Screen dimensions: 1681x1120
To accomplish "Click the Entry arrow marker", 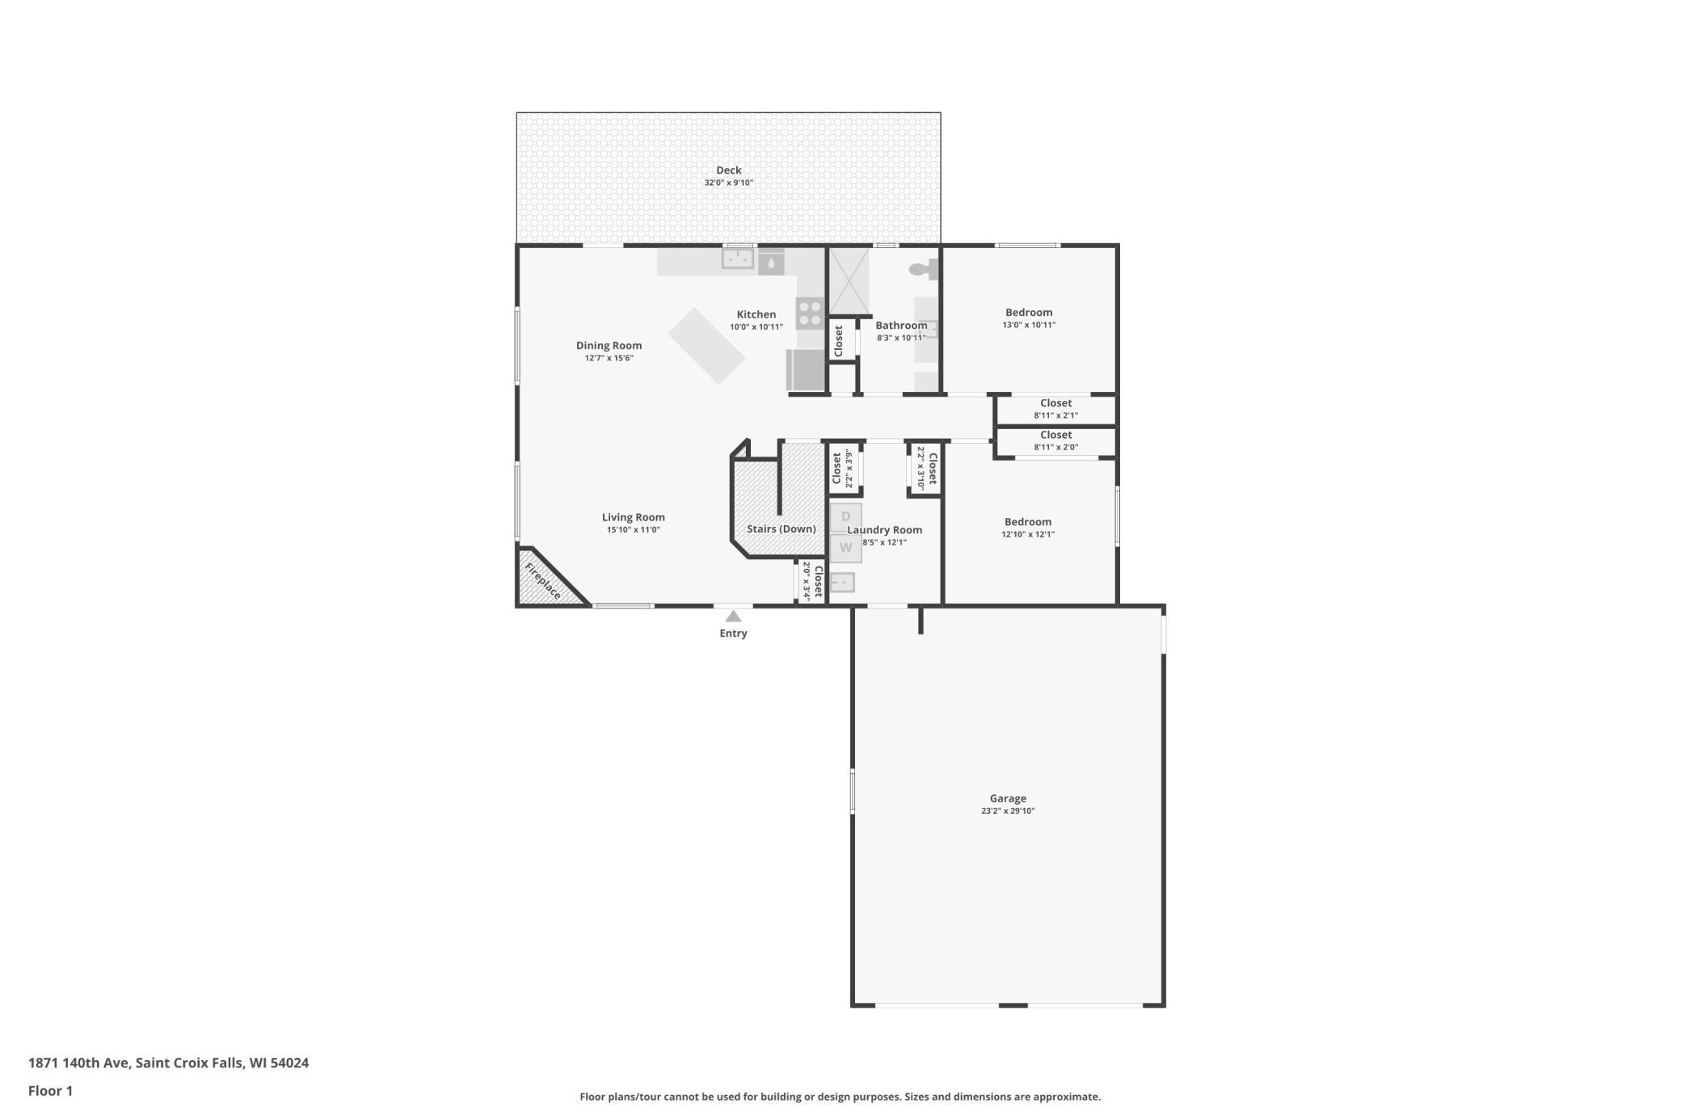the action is pyautogui.click(x=733, y=617).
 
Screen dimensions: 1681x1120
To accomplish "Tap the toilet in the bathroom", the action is pyautogui.click(x=924, y=269).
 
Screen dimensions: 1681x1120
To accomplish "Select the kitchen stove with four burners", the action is pyautogui.click(x=810, y=313).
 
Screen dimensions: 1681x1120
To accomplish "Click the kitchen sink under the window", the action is pyautogui.click(x=738, y=259).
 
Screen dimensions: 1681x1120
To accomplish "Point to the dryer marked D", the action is pyautogui.click(x=846, y=517).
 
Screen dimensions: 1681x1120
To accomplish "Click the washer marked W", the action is pyautogui.click(x=846, y=548).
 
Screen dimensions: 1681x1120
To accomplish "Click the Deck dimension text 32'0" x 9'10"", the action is pyautogui.click(x=728, y=183).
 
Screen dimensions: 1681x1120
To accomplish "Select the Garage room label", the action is pyautogui.click(x=1008, y=798).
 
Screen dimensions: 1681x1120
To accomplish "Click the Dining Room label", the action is pyautogui.click(x=609, y=345).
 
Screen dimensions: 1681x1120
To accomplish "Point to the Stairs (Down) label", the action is pyautogui.click(x=781, y=529).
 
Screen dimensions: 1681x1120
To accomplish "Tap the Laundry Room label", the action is pyautogui.click(x=884, y=530).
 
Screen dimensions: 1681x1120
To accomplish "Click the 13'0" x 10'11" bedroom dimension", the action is pyautogui.click(x=1029, y=325).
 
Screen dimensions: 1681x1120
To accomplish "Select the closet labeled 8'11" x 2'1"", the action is pyautogui.click(x=1055, y=409).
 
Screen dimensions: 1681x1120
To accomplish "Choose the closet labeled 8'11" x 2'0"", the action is pyautogui.click(x=1055, y=441).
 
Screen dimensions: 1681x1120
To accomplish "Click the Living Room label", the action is pyautogui.click(x=633, y=517).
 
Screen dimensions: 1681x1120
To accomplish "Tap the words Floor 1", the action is pyautogui.click(x=50, y=1091).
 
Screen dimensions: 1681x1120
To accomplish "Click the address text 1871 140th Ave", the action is pyautogui.click(x=78, y=1063).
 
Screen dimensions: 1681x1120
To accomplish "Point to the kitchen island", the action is pyautogui.click(x=706, y=346).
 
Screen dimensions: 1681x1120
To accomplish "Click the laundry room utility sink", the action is pyautogui.click(x=842, y=582).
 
